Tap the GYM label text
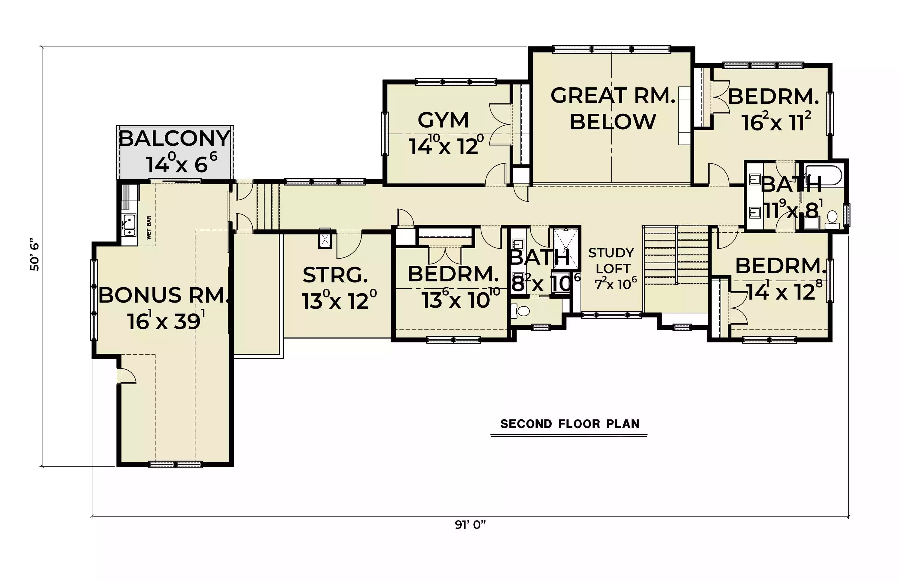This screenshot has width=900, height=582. pyautogui.click(x=443, y=120)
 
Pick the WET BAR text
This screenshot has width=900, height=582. pyautogui.click(x=148, y=228)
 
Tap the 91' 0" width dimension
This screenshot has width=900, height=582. pyautogui.click(x=470, y=525)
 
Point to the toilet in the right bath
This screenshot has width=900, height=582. pyautogui.click(x=832, y=220)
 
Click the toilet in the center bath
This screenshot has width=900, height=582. pyautogui.click(x=520, y=311)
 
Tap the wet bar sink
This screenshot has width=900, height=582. pyautogui.click(x=129, y=225)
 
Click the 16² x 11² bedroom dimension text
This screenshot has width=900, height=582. pyautogui.click(x=776, y=122)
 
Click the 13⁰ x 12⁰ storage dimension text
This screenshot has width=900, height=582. pyautogui.click(x=339, y=300)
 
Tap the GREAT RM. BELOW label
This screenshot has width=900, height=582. pyautogui.click(x=613, y=109)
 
